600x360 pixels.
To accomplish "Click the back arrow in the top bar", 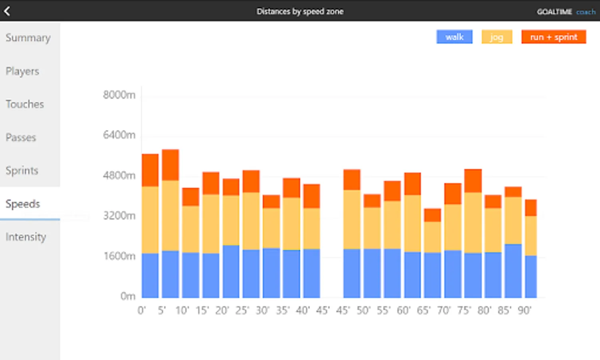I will tap(7, 11).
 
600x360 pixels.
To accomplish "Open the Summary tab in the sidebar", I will tap(28, 38).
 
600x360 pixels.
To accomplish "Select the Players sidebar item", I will tap(22, 71).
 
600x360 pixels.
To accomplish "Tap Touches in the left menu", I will tap(25, 104).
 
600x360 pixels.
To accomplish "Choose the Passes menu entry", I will tap(21, 138).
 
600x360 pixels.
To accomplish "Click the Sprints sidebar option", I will tap(22, 171).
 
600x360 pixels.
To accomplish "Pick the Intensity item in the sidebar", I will tap(26, 237).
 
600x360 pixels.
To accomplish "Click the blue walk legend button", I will tap(454, 37).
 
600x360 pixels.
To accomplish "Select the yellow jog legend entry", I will tap(496, 37).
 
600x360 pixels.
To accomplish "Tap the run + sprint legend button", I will tap(554, 37).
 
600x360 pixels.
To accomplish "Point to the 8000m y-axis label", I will tap(119, 95).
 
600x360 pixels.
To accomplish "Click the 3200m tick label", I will tap(119, 216).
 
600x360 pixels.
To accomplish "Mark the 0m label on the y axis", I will tap(128, 296).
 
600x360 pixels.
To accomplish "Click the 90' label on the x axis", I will tap(524, 310).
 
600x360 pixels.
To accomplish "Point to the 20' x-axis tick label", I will tap(222, 310).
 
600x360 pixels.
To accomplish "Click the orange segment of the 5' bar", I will tap(170, 165).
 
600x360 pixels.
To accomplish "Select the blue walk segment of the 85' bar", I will tap(513, 271).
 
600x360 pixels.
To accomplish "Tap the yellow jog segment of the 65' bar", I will tap(433, 237).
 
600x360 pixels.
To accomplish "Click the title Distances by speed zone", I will tap(300, 11).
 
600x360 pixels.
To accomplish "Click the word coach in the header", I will tap(586, 12).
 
